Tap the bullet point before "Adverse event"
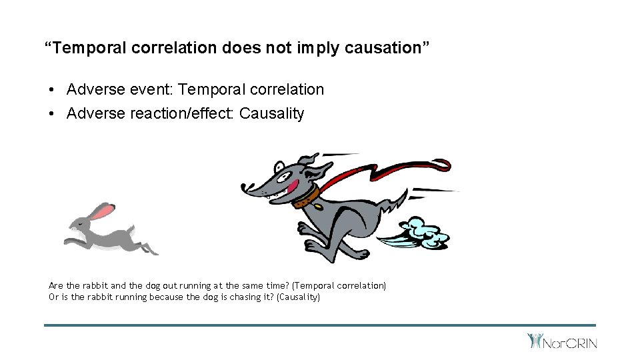pos(51,90)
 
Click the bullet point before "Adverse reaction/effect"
pos(51,114)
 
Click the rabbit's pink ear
pos(102,212)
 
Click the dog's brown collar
pos(306,195)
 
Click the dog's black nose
pos(244,188)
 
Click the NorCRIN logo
pos(562,341)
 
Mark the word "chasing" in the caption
pos(238,297)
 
